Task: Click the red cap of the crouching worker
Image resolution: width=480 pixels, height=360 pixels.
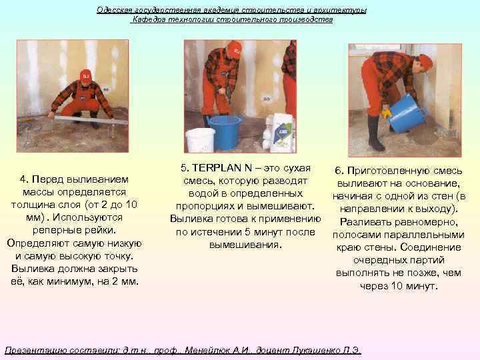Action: (x=85, y=75)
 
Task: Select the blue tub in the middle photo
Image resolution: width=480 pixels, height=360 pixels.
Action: (x=225, y=131)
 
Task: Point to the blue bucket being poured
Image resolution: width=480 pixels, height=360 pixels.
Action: (x=405, y=113)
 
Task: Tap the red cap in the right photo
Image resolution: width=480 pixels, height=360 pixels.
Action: (x=425, y=61)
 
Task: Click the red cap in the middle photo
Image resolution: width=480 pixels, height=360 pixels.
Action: (x=235, y=49)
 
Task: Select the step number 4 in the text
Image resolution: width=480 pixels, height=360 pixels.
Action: (x=23, y=179)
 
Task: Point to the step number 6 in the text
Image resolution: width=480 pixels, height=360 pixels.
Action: (x=339, y=171)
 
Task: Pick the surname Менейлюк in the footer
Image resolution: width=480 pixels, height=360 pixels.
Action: (x=209, y=350)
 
